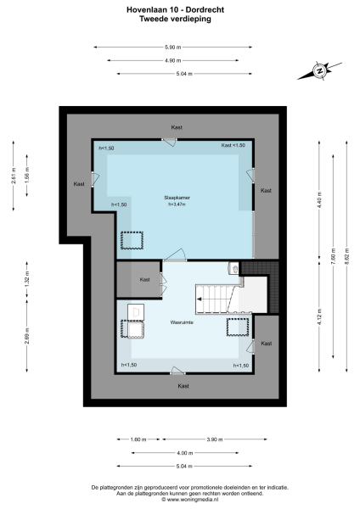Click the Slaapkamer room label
(x=177, y=197)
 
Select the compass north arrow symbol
(x=319, y=71)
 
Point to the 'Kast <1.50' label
(x=233, y=145)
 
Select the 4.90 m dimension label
(x=172, y=60)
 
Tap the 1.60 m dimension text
(x=138, y=439)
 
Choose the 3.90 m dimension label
(x=214, y=439)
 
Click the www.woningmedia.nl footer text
(x=180, y=501)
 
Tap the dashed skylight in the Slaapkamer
(x=132, y=240)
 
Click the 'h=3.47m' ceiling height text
(x=177, y=204)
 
